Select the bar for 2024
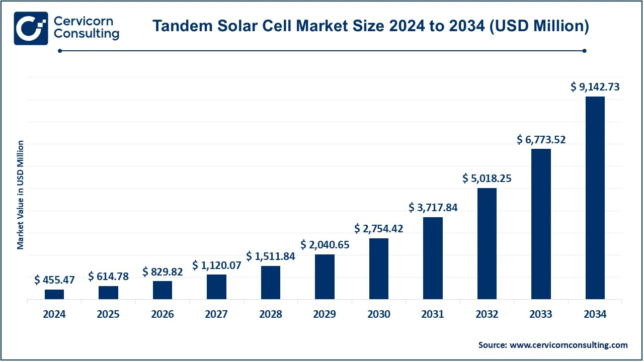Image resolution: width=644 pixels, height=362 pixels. tap(54, 294)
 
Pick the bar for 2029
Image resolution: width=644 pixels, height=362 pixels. tap(325, 277)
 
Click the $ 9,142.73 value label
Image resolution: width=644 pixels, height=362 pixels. tap(595, 86)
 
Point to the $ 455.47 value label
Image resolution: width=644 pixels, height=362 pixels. tap(54, 280)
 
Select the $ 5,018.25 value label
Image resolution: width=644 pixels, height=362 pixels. tap(487, 178)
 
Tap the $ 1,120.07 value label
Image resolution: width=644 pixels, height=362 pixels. tap(216, 265)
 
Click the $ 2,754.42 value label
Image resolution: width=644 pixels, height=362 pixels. tap(379, 228)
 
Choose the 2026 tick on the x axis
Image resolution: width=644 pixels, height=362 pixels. tap(163, 314)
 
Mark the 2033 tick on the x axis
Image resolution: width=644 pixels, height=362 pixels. tap(541, 314)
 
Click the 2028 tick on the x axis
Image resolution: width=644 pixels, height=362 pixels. tap(271, 314)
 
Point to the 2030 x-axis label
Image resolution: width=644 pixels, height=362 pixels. tap(379, 314)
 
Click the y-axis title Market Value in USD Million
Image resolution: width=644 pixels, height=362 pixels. tap(21, 195)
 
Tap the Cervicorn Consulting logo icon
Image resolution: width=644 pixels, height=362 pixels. tap(31, 28)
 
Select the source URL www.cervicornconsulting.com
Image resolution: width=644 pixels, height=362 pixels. tap(569, 345)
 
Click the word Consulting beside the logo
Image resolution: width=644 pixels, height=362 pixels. tap(86, 34)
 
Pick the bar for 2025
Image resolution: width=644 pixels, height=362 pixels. tap(108, 293)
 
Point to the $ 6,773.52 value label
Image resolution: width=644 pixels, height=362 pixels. tap(541, 139)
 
